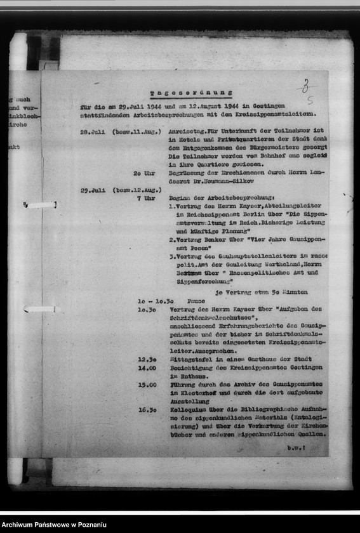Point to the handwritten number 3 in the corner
(x=306, y=87)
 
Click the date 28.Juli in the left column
(x=93, y=132)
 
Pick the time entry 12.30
(x=147, y=359)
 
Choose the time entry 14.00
(x=147, y=367)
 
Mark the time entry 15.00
(x=147, y=384)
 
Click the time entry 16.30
(x=147, y=409)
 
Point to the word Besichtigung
(x=192, y=367)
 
